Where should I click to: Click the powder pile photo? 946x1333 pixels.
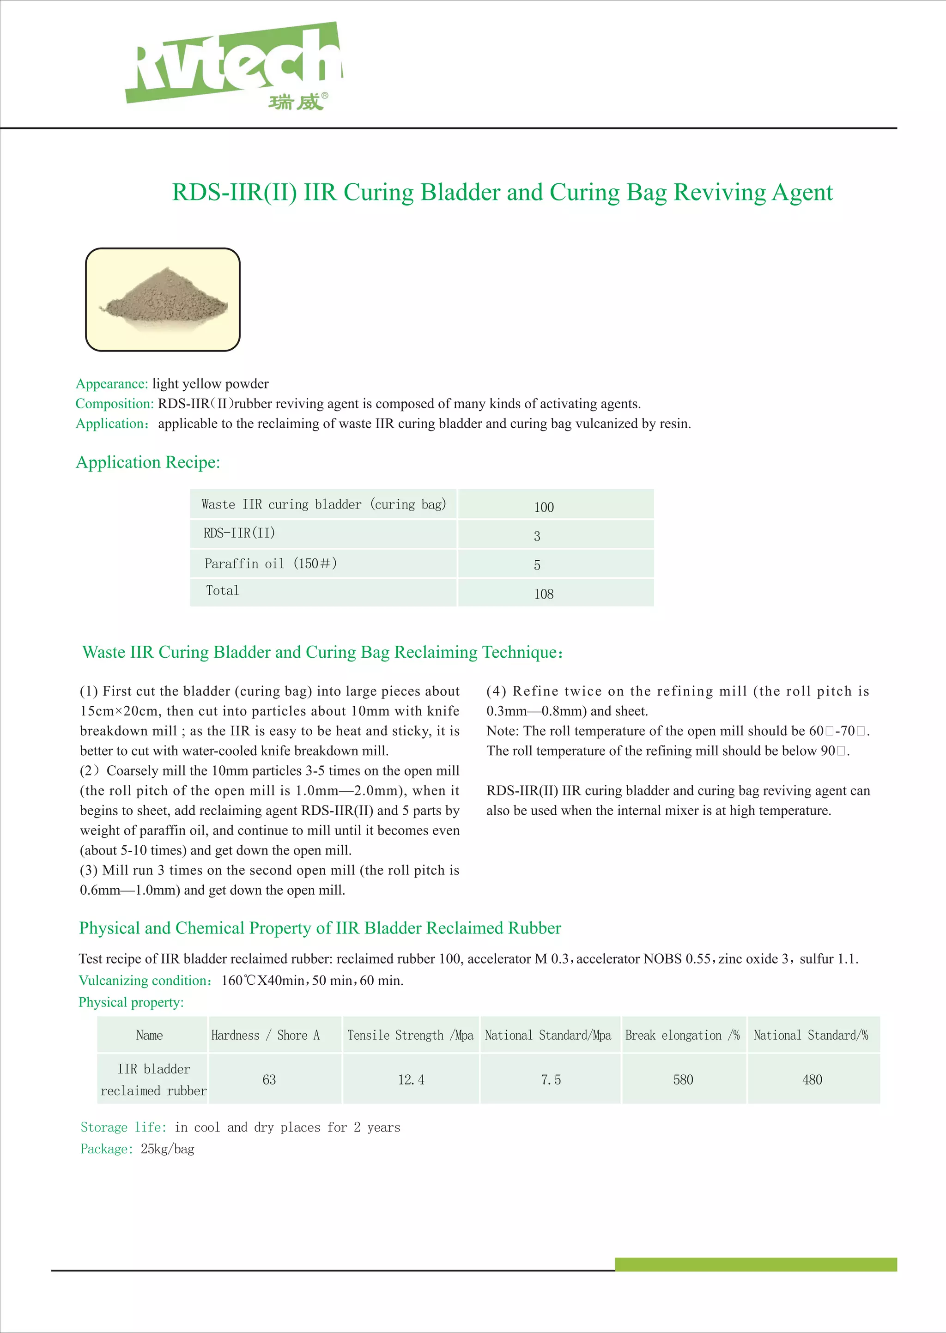tap(163, 299)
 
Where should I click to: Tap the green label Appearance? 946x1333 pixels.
tap(112, 384)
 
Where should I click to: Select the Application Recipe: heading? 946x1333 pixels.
tap(148, 462)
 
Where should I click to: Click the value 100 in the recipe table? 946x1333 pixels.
tap(544, 507)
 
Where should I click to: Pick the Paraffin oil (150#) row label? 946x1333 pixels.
tap(270, 563)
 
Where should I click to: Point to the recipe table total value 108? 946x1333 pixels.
tap(544, 594)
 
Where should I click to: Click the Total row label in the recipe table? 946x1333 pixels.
tap(223, 590)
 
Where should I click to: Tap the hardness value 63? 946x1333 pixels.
tap(269, 1080)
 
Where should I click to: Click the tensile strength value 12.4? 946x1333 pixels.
tap(411, 1080)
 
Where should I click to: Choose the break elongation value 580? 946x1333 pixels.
tap(683, 1080)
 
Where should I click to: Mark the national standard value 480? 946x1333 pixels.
tap(812, 1080)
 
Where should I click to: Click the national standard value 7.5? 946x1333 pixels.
tap(551, 1080)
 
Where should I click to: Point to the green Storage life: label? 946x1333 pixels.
tap(123, 1127)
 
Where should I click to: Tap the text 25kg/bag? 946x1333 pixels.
tap(167, 1149)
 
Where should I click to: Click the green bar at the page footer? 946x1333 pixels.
tap(756, 1264)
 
